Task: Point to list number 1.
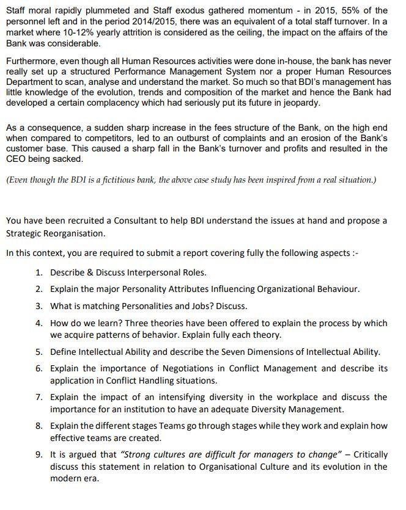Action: tap(39, 272)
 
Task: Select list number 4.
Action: tap(39, 323)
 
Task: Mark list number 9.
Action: tap(39, 454)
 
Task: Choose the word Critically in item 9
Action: tap(371, 454)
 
